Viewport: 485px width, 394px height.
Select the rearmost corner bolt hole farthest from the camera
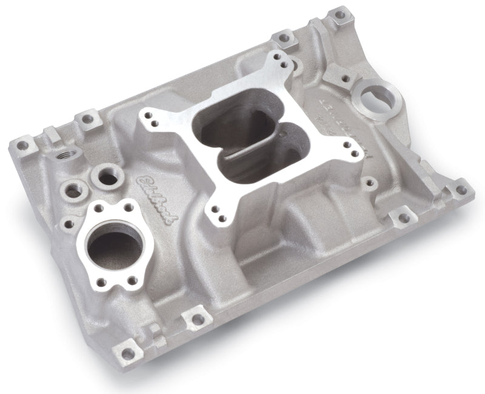click(x=340, y=13)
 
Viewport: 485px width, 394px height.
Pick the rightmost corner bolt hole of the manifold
click(x=461, y=190)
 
